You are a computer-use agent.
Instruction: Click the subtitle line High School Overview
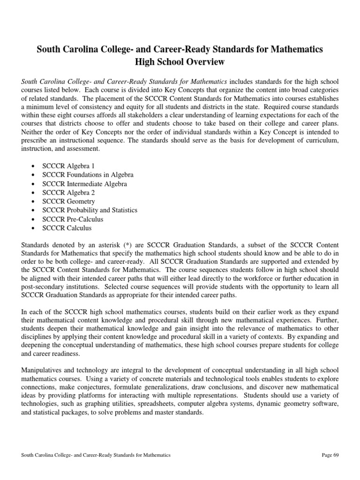pos(180,62)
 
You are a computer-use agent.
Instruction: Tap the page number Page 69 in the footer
pos(331,455)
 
